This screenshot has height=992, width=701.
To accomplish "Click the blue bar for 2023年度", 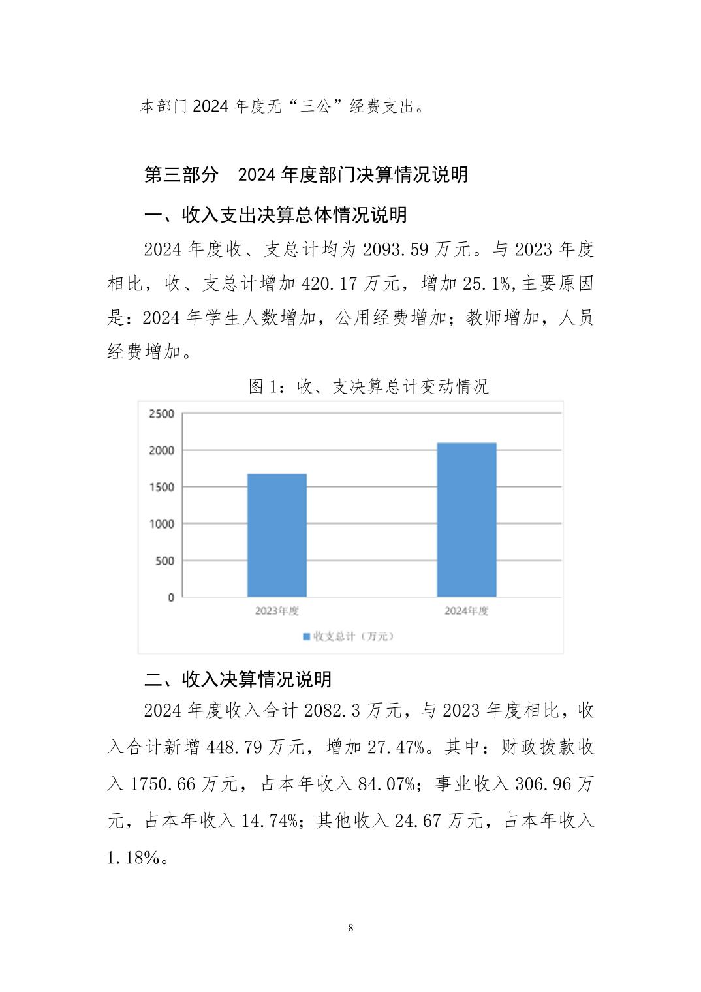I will pyautogui.click(x=277, y=535).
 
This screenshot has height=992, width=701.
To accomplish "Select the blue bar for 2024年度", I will pyautogui.click(x=466, y=520).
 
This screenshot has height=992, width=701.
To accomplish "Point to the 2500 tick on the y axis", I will pyautogui.click(x=161, y=414).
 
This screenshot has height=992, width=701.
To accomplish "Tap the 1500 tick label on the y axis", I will pyautogui.click(x=161, y=487).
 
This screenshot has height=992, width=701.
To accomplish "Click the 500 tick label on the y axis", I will pyautogui.click(x=164, y=561).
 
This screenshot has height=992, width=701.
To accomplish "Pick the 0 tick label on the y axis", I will pyautogui.click(x=171, y=597).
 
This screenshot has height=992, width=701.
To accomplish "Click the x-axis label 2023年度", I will pyautogui.click(x=277, y=611).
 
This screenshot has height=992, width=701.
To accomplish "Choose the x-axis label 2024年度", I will pyautogui.click(x=466, y=611).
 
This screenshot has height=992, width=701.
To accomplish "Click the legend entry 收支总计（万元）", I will pyautogui.click(x=349, y=636).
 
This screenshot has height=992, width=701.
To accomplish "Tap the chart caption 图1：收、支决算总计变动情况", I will pyautogui.click(x=369, y=386).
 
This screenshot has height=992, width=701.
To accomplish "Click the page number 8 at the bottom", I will pyautogui.click(x=351, y=927).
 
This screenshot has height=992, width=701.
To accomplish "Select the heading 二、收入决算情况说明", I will pyautogui.click(x=238, y=679).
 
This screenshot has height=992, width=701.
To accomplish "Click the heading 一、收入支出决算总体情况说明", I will pyautogui.click(x=275, y=215).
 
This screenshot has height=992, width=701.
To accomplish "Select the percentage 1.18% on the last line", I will pyautogui.click(x=133, y=858).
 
